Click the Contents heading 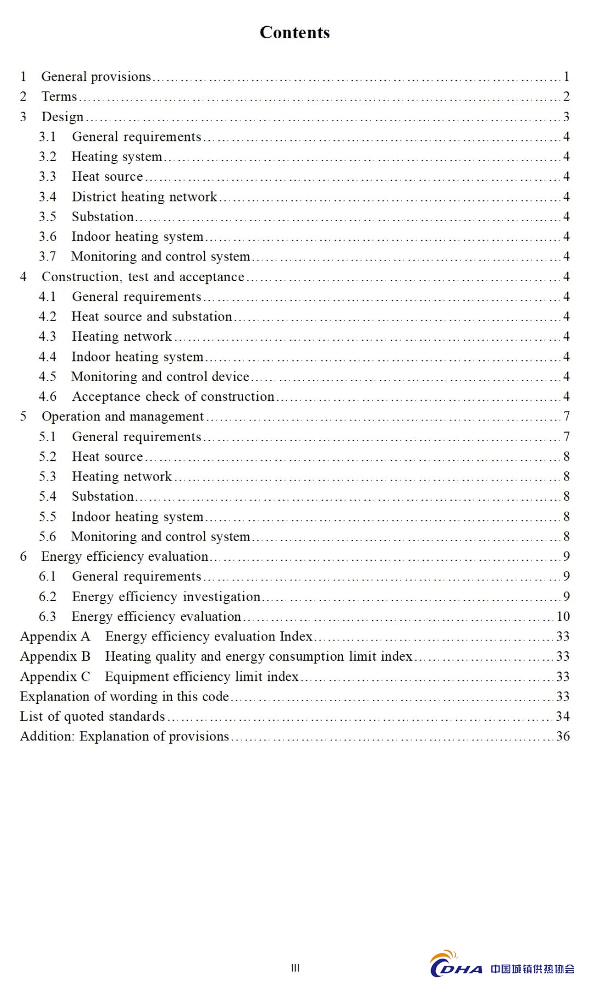pyautogui.click(x=294, y=33)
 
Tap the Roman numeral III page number pyautogui.click(x=295, y=968)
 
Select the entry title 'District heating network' pyautogui.click(x=144, y=197)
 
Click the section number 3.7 pyautogui.click(x=48, y=257)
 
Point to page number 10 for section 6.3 pyautogui.click(x=563, y=616)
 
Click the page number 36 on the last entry pyautogui.click(x=563, y=737)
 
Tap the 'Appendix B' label pyautogui.click(x=55, y=656)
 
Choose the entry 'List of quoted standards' pyautogui.click(x=92, y=716)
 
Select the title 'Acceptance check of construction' pyautogui.click(x=173, y=396)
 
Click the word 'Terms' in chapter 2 pyautogui.click(x=59, y=97)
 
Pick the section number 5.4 pyautogui.click(x=48, y=496)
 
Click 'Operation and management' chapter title pyautogui.click(x=122, y=417)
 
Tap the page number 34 pyautogui.click(x=563, y=716)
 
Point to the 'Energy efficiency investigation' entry pyautogui.click(x=166, y=597)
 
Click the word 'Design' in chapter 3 pyautogui.click(x=62, y=117)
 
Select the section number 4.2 pyautogui.click(x=48, y=317)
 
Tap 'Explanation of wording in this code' pyautogui.click(x=124, y=697)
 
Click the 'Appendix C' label pyautogui.click(x=55, y=677)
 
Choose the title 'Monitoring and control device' pyautogui.click(x=160, y=377)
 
